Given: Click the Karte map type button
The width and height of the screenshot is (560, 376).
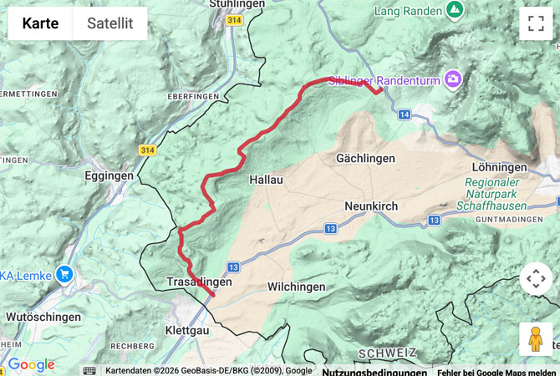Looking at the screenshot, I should pos(40,23).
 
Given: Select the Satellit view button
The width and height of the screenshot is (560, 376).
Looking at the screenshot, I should pos(109,23).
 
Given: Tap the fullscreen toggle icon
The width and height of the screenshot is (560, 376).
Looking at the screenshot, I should pos(536,23).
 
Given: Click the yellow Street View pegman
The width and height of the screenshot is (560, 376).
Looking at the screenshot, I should pos(536,339).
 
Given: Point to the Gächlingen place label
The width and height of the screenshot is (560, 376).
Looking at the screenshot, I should pos(365,158).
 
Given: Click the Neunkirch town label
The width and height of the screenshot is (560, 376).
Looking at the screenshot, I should pos(371,206).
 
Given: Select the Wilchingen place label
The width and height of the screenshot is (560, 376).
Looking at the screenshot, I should pos(296,287).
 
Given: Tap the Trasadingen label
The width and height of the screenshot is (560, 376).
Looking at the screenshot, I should pos(199,282).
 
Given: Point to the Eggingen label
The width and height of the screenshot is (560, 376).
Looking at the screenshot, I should pos(109,176).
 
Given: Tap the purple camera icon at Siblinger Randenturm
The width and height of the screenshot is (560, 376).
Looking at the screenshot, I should pos(453,79).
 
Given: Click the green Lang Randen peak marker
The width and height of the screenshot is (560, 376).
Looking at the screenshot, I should pos(454,10).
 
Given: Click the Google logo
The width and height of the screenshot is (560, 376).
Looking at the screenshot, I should pos(31,365).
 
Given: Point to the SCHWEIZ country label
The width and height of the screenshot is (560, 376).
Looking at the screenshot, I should pos(386,353).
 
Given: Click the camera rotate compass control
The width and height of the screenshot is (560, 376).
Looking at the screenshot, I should pos(536,279).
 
